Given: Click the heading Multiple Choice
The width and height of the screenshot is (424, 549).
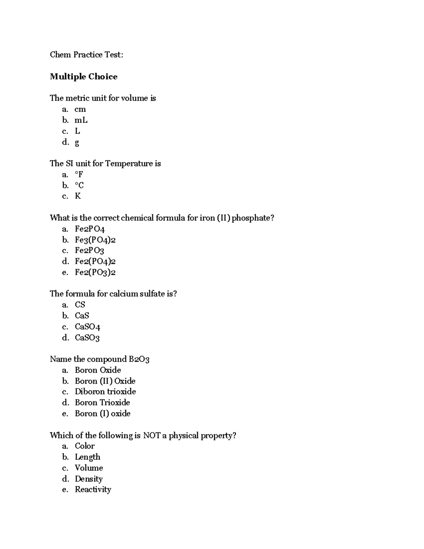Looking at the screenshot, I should coord(83,77).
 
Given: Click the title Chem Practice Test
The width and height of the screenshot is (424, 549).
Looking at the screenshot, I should coord(86,55).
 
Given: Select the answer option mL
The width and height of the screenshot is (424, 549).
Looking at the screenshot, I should coord(81,120).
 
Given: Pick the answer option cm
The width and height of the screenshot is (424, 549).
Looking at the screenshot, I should coord(80,109).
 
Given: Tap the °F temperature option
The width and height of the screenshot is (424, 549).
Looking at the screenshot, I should coord(79,174).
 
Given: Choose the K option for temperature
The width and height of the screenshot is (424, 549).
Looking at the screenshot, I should coord(78,196).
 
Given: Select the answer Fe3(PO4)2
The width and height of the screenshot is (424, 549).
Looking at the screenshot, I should coord(95,240).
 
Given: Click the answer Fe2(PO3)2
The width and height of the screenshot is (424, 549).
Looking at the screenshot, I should coord(95,272).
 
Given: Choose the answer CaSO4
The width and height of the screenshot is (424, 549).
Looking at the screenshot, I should coord(87,327).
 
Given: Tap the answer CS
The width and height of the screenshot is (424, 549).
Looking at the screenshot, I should coord(80,305).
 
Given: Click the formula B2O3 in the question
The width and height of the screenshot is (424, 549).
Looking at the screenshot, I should coord(139,360).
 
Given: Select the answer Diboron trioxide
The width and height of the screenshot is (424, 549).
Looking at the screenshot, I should coord(105,392).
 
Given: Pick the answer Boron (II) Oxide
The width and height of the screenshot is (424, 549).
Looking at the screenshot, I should coord(105,381).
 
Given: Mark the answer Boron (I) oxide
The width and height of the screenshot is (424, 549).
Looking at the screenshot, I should coord(102,414).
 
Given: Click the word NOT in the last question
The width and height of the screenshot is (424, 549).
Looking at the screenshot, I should coord(152,436).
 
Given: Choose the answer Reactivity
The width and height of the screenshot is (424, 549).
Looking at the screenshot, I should coord(93,490).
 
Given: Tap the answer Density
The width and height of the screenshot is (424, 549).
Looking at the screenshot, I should coord(89,479).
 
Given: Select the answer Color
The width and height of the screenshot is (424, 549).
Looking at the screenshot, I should coord(85,446).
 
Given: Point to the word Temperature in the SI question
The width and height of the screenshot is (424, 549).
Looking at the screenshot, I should coord(129,164).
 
